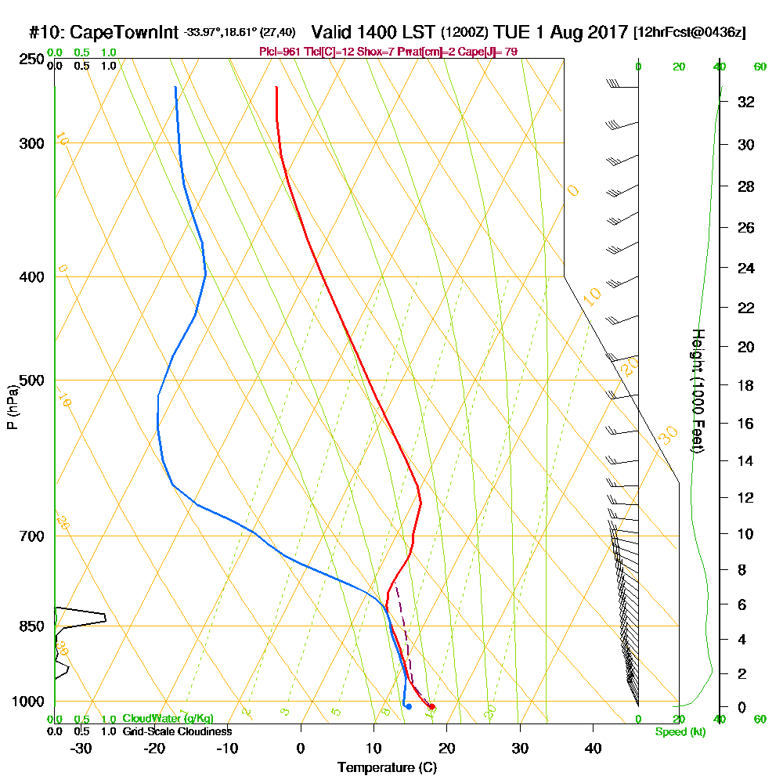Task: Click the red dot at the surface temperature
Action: [x=431, y=707]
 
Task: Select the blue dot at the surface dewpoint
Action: [x=408, y=707]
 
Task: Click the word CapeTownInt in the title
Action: [x=124, y=32]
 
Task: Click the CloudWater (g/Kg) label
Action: [x=168, y=718]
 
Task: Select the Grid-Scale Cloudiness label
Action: [x=177, y=731]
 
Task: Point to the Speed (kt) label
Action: [x=680, y=731]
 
